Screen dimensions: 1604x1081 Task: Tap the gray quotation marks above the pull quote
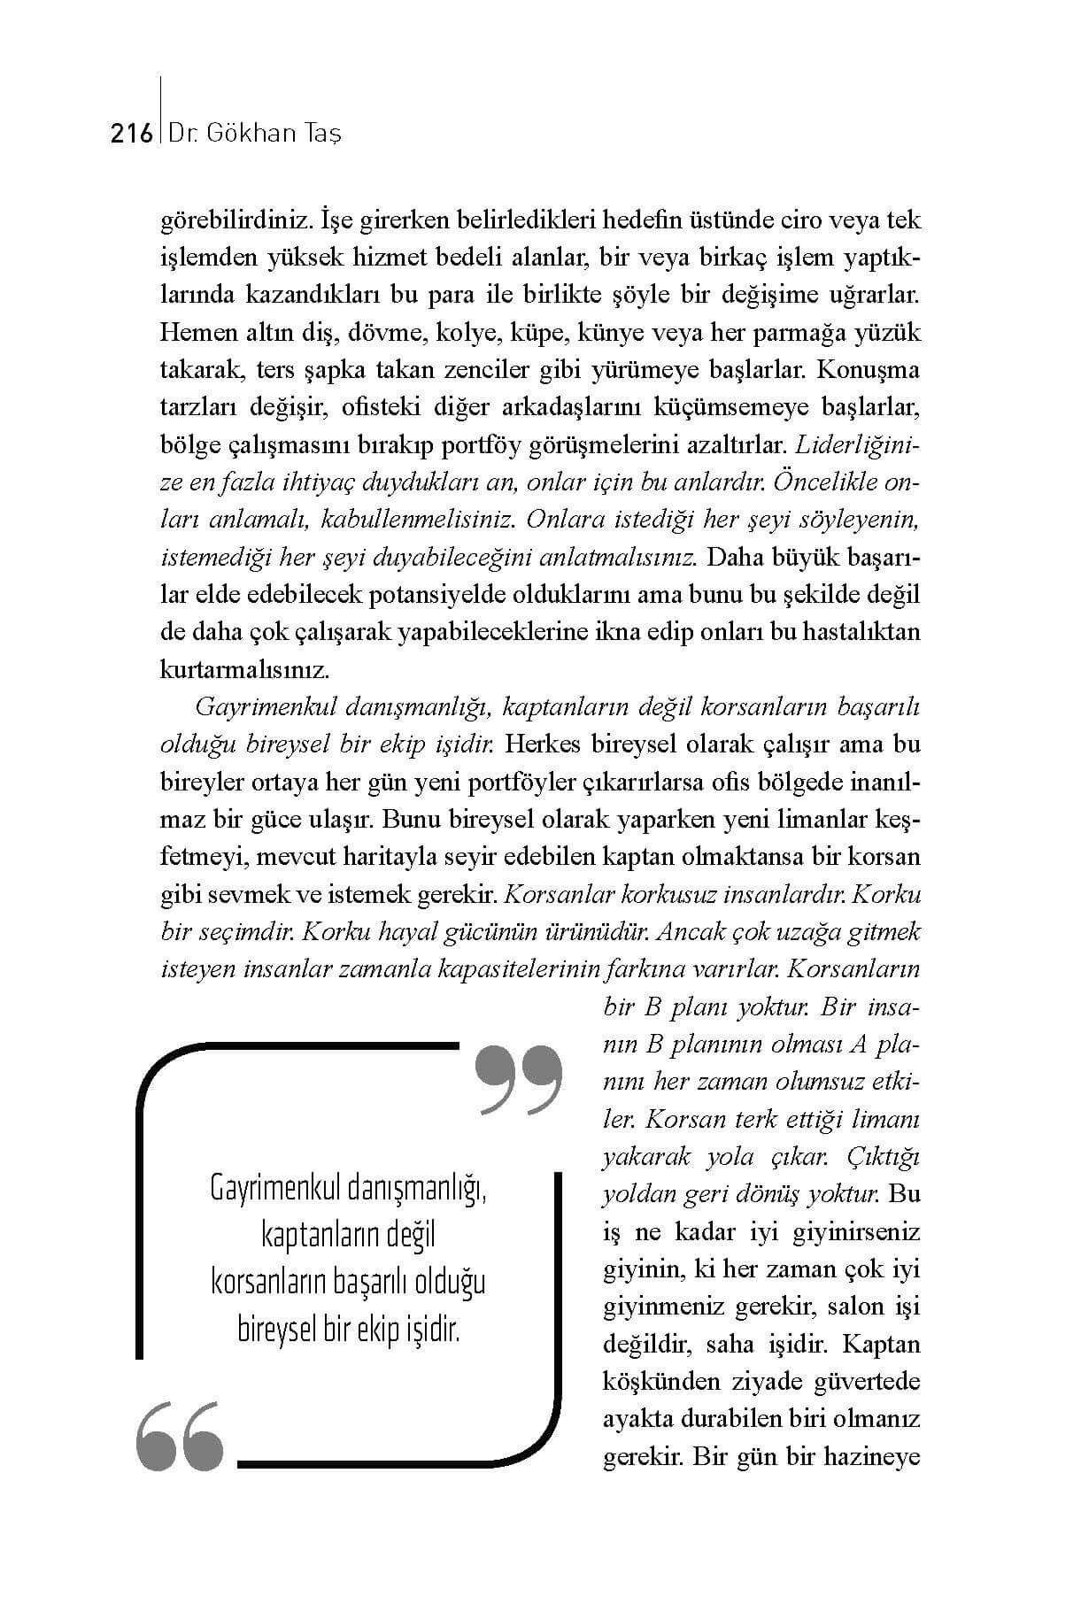pyautogui.click(x=519, y=1079)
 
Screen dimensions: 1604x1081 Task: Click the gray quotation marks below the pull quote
pyautogui.click(x=179, y=1435)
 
